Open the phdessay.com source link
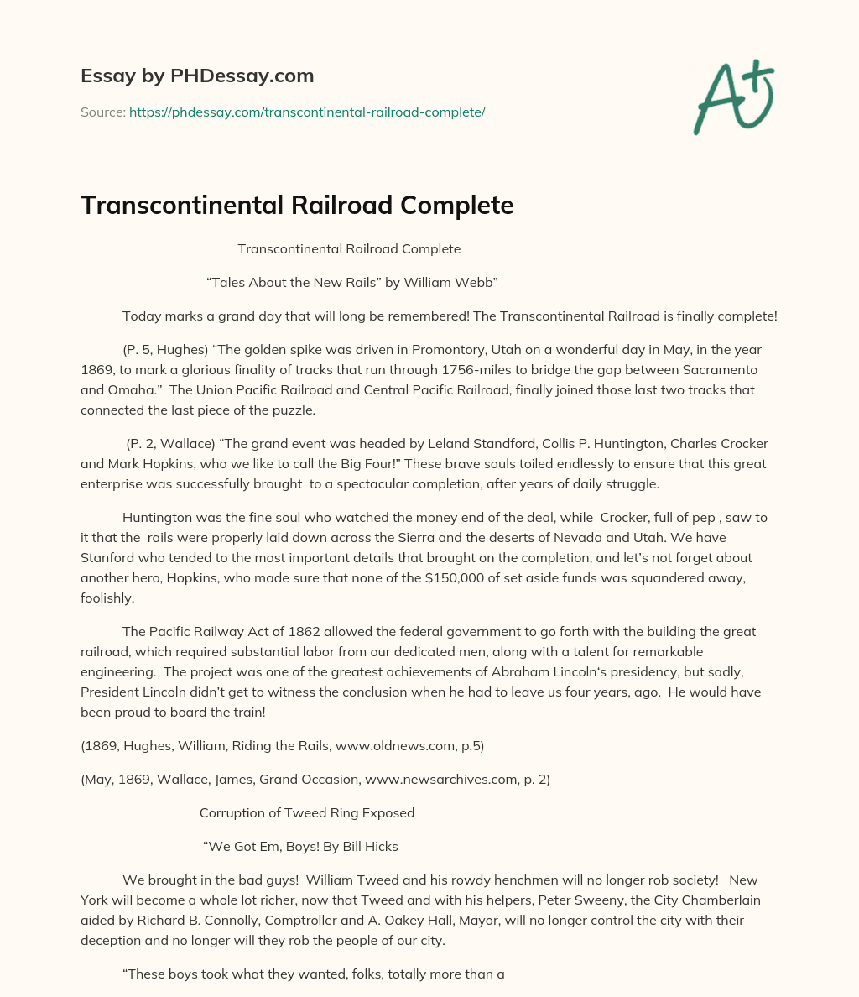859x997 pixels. (x=307, y=112)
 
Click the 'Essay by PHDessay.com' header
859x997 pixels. (x=197, y=76)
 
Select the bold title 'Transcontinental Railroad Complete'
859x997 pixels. (x=296, y=206)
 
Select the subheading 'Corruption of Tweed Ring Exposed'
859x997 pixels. (x=307, y=812)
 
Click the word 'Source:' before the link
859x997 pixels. (x=103, y=112)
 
